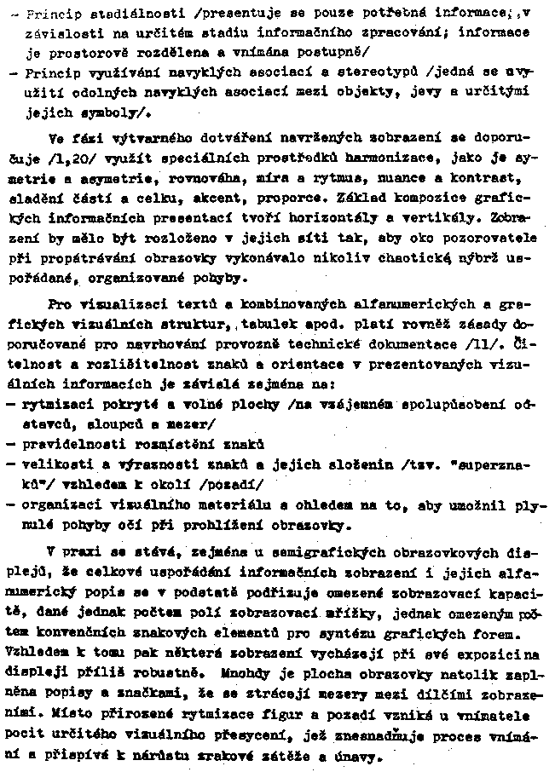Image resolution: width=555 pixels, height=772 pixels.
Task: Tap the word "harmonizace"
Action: (399, 158)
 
